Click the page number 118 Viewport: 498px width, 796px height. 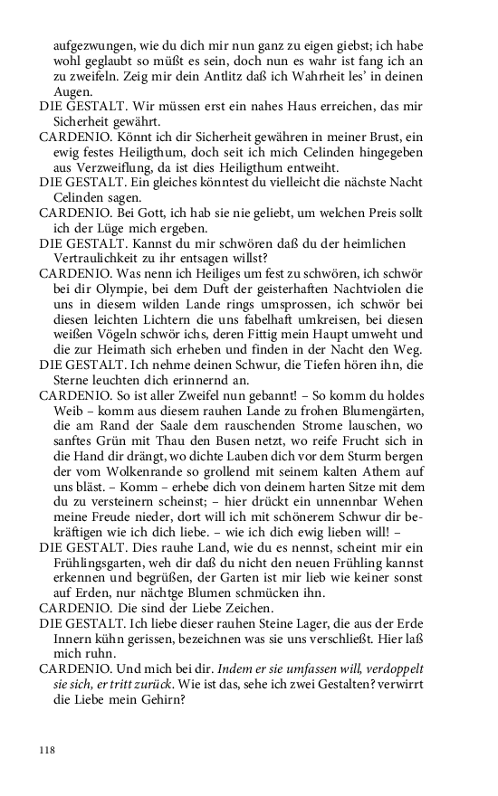point(47,750)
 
